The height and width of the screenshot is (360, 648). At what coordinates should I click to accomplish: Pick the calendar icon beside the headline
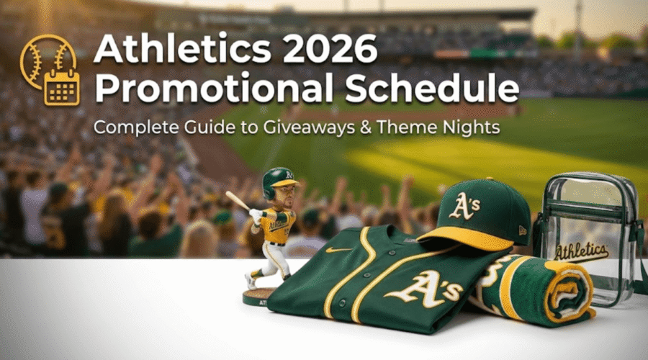pyautogui.click(x=61, y=87)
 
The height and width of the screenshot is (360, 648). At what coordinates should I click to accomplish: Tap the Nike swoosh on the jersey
pyautogui.click(x=338, y=250)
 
